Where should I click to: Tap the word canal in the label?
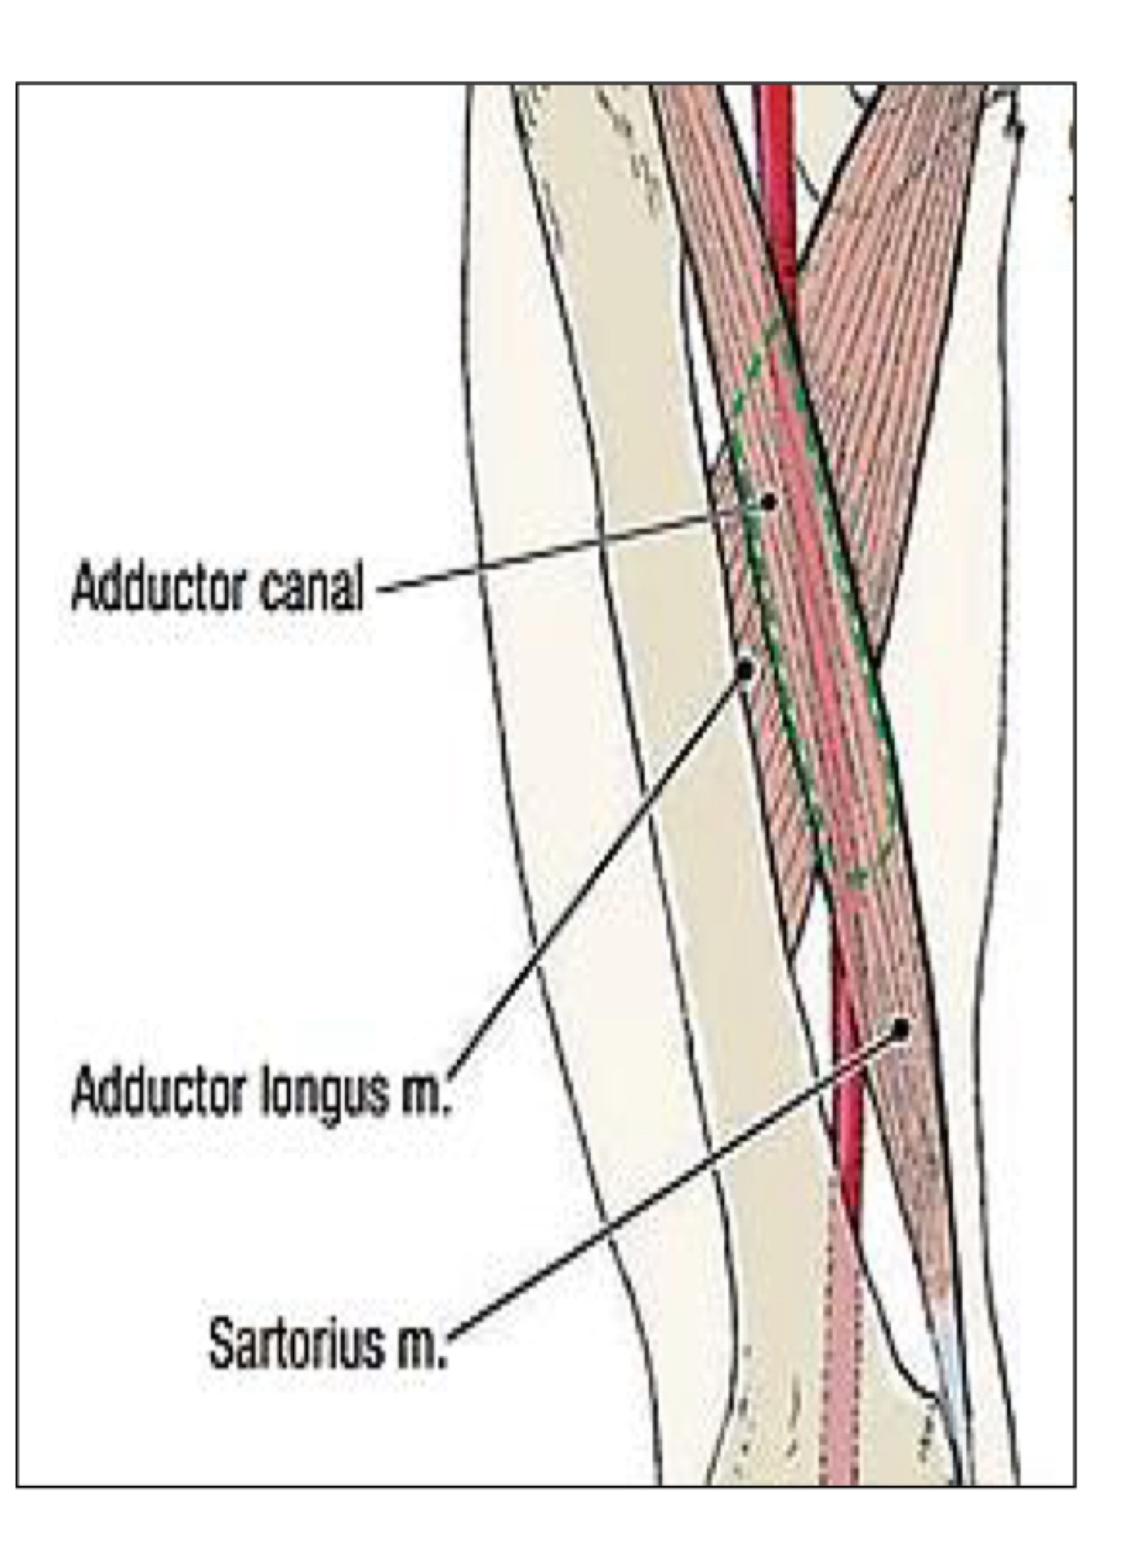pos(311,587)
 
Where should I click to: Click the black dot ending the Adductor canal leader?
pos(768,502)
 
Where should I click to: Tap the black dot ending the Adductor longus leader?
pos(745,671)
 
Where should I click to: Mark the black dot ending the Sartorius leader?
pos(900,1029)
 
